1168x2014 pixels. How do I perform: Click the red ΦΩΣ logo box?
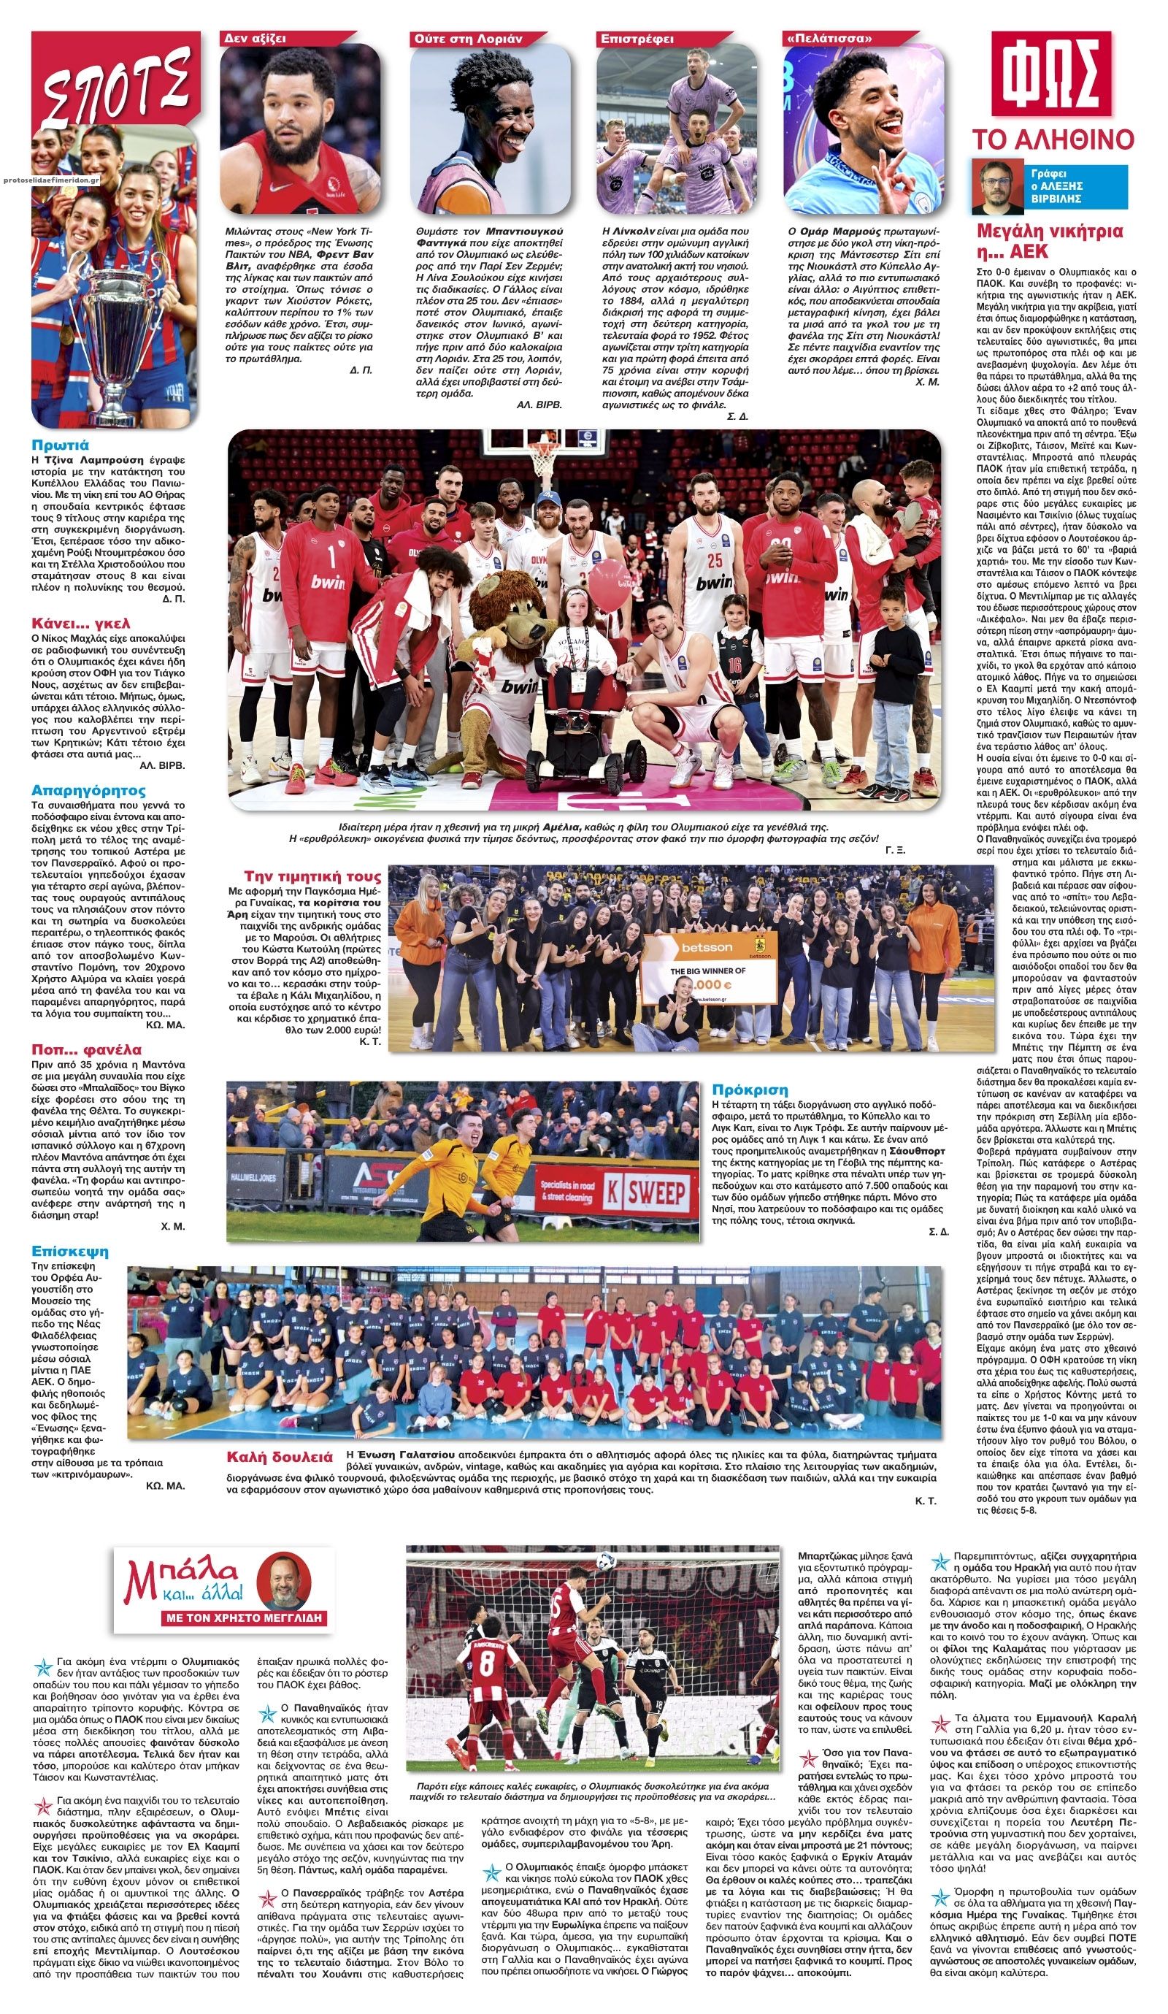click(x=1051, y=74)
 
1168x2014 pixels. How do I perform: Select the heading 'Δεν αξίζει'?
click(x=255, y=39)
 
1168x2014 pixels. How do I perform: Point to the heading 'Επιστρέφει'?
click(x=637, y=39)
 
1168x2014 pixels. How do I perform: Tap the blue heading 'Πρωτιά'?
click(x=61, y=445)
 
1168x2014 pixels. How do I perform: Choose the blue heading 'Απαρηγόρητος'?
click(x=88, y=790)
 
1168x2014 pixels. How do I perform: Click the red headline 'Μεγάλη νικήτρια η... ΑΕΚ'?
click(x=1050, y=242)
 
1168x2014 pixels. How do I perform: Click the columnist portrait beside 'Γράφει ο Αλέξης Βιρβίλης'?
click(x=997, y=187)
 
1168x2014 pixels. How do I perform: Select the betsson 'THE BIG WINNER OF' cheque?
click(x=709, y=968)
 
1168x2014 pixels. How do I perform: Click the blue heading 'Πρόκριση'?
click(x=750, y=1090)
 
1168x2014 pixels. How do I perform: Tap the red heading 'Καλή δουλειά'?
click(x=279, y=1457)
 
